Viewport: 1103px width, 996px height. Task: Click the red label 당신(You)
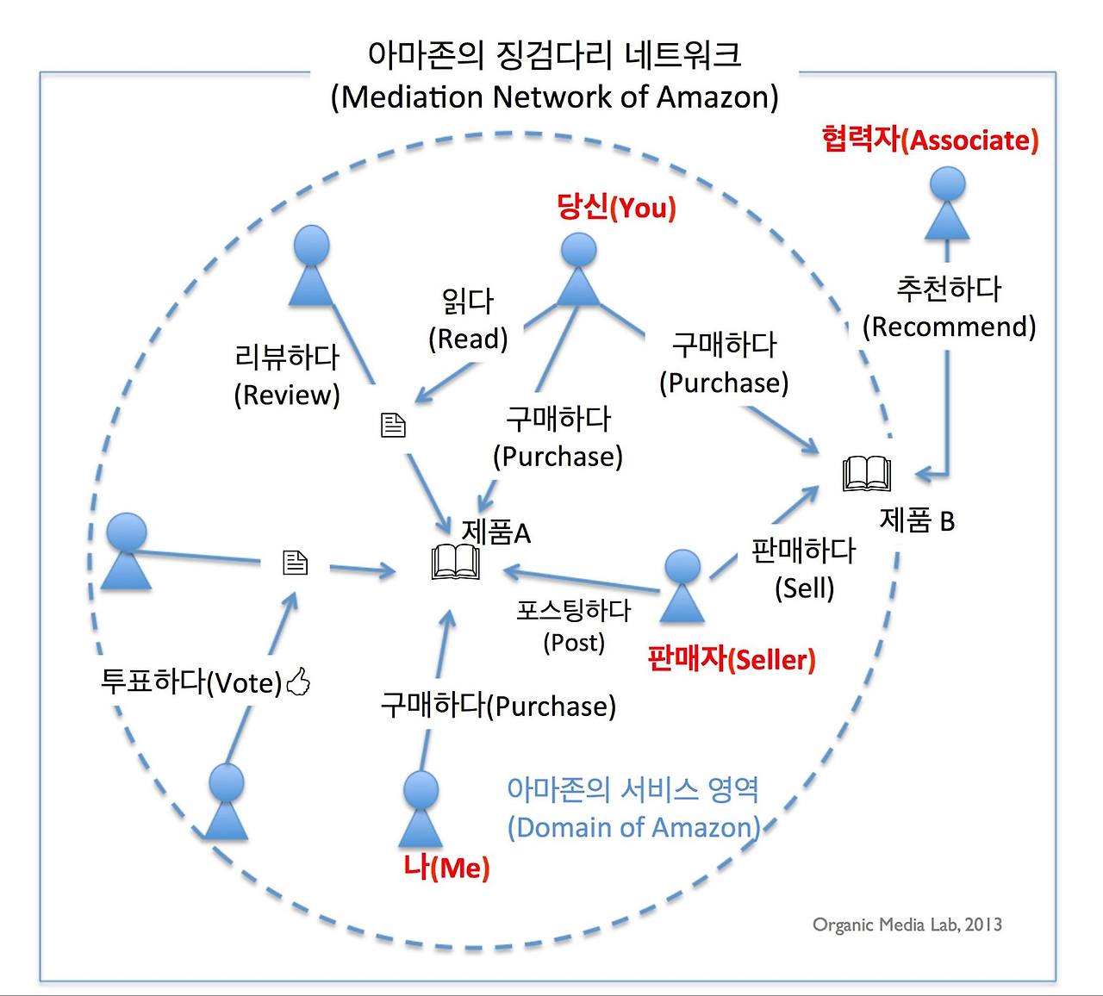(616, 208)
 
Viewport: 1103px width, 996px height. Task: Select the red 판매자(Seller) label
(731, 660)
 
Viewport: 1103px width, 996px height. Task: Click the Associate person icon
(947, 204)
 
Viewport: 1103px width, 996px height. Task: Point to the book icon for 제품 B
(866, 474)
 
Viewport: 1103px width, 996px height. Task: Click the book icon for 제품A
(455, 563)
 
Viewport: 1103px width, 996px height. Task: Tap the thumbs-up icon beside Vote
(298, 682)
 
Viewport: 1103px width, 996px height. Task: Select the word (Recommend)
(949, 327)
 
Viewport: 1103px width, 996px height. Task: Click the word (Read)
(468, 339)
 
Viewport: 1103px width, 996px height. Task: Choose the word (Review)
(287, 395)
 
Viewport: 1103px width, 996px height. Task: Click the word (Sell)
(804, 588)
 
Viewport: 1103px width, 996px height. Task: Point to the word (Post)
(574, 642)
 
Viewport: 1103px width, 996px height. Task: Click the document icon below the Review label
(393, 424)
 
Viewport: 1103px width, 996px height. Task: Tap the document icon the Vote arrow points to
(295, 563)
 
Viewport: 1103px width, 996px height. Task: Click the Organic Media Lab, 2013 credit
(907, 924)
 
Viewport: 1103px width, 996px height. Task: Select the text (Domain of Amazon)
(633, 827)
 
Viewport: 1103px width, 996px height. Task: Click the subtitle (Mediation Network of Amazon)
(554, 96)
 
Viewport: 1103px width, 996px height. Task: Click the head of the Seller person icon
(683, 567)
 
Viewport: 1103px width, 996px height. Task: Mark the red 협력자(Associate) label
(930, 140)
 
